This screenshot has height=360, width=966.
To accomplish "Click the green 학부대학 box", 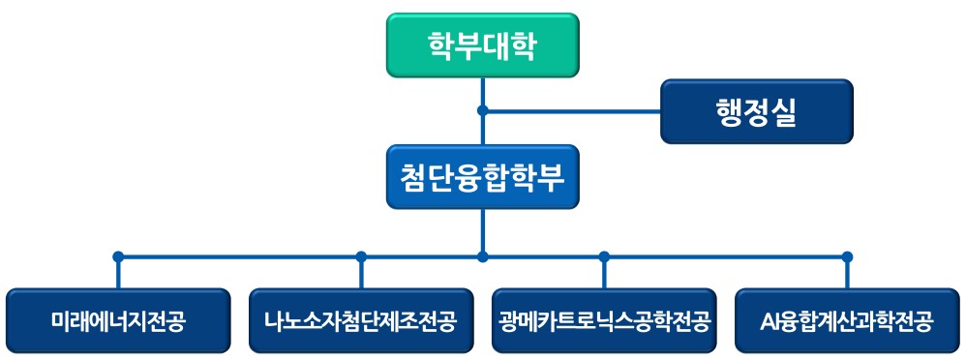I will point(482,45).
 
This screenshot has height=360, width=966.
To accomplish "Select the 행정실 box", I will point(757,111).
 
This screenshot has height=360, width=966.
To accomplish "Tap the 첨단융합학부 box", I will point(482,177).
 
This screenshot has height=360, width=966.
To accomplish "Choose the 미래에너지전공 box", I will point(118,321).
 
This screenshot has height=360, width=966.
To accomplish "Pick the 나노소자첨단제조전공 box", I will point(361,321).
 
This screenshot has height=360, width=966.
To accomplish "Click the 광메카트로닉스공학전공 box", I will point(604,321).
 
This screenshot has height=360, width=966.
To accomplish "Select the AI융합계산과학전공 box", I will point(847,321).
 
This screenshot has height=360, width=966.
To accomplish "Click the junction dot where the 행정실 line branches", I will point(483,109).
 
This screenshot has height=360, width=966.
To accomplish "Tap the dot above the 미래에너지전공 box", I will point(118,257).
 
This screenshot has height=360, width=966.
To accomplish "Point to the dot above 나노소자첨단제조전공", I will point(361,257).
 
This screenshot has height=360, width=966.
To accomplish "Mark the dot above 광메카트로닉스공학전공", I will point(604,257).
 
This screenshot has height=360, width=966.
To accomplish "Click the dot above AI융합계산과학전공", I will point(847,257).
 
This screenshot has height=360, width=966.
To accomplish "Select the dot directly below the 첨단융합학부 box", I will point(483,257).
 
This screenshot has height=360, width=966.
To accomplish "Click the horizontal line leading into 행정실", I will point(571,109).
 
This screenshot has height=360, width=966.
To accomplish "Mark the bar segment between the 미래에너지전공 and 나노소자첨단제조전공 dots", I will point(240,257).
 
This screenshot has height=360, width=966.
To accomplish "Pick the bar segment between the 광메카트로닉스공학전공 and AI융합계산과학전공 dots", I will point(726,257).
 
